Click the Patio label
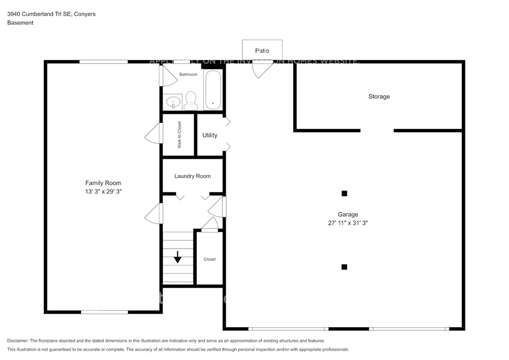(262, 51)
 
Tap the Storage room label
(379, 96)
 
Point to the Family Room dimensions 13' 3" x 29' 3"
(103, 191)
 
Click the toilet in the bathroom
(190, 101)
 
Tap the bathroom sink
(173, 102)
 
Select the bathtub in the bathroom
(213, 90)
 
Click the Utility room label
(210, 135)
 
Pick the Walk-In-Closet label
(179, 135)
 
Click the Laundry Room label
(192, 176)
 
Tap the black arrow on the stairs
(177, 257)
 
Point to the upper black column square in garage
(344, 193)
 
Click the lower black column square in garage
(344, 267)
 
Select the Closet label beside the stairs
(209, 259)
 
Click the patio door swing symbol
(262, 69)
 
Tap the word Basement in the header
(20, 23)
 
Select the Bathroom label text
(188, 75)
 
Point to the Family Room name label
(103, 183)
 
